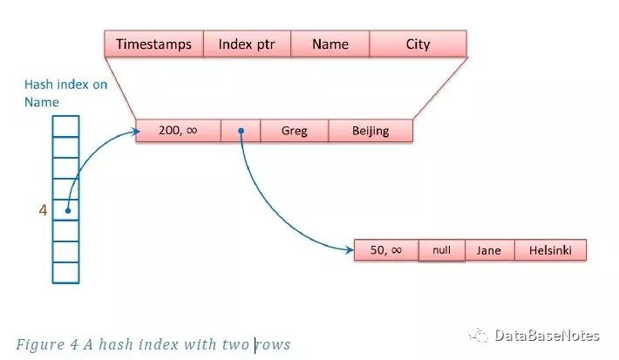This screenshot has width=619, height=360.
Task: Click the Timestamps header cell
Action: [x=153, y=44]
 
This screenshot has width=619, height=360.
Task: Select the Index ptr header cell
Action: [x=247, y=44]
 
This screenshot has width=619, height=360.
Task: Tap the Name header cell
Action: [x=330, y=44]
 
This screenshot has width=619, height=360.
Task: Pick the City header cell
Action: [x=418, y=44]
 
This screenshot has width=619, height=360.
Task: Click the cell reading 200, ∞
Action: [x=179, y=132]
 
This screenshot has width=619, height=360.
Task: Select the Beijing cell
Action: [x=371, y=132]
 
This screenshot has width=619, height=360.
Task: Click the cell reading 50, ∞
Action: [x=386, y=250]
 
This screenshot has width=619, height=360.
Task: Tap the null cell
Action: [x=442, y=250]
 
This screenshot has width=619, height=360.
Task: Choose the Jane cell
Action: [x=489, y=250]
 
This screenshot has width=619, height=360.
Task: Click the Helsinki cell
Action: [x=550, y=250]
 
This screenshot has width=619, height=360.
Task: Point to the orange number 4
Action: [x=42, y=209]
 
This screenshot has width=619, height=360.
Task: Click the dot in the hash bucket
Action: [x=66, y=209]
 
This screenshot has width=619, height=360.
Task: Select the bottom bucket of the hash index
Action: [x=66, y=272]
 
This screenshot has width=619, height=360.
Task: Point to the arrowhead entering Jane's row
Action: [x=348, y=251]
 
